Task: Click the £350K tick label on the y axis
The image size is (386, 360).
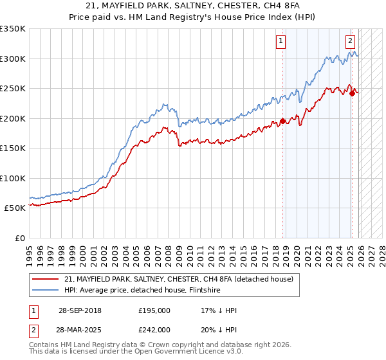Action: point(13,29)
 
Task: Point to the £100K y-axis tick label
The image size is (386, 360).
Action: point(13,178)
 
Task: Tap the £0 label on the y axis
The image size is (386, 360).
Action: point(20,238)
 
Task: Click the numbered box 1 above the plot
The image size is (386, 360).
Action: point(282,42)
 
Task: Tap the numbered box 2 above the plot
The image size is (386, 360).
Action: point(351,42)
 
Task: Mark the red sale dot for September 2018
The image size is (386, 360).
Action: point(282,121)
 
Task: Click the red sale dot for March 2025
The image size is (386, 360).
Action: point(352,93)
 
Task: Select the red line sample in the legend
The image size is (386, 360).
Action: point(45,279)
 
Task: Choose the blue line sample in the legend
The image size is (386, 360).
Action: point(45,290)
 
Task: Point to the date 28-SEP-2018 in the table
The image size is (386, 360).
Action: point(79,310)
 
